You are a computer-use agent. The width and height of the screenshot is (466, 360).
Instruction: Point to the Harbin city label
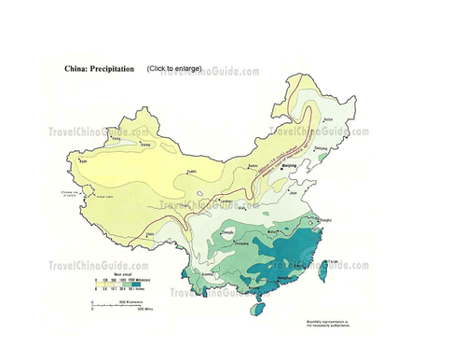tap(327, 120)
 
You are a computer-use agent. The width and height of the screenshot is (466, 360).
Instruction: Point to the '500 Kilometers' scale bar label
tap(118, 304)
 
